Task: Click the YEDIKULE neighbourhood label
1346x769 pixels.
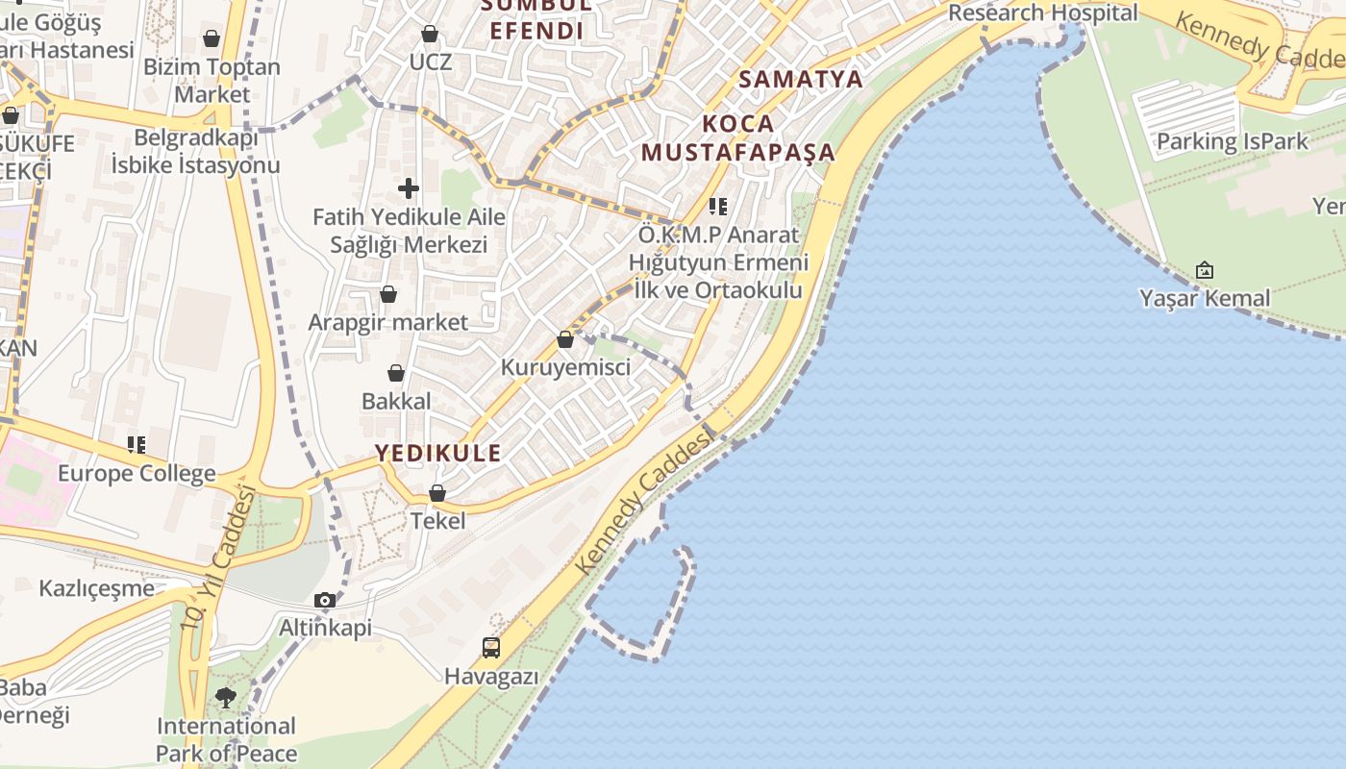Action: [437, 453]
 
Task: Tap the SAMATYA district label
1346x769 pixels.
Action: [801, 79]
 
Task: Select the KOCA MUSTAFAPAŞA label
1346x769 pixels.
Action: [738, 137]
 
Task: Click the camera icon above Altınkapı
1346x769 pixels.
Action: [325, 601]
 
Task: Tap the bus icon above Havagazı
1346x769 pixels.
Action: [491, 648]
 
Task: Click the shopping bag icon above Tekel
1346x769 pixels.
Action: [437, 493]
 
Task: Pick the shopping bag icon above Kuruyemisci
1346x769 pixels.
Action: [565, 339]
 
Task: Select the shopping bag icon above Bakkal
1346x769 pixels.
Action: [396, 373]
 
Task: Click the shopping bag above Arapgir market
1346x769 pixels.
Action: [388, 294]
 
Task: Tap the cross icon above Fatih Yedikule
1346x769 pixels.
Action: [409, 188]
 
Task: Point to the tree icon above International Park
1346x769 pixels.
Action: [226, 697]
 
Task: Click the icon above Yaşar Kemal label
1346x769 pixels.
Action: [1205, 270]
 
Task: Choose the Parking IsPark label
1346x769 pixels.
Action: [1232, 142]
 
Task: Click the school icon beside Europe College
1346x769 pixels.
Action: [137, 445]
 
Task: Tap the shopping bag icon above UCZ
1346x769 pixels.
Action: [430, 34]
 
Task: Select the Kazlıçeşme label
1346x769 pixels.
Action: [96, 588]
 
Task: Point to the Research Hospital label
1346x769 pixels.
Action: [1042, 13]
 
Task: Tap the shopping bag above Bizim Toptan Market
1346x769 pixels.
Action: [212, 38]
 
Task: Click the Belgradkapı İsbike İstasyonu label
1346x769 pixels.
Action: [195, 151]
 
